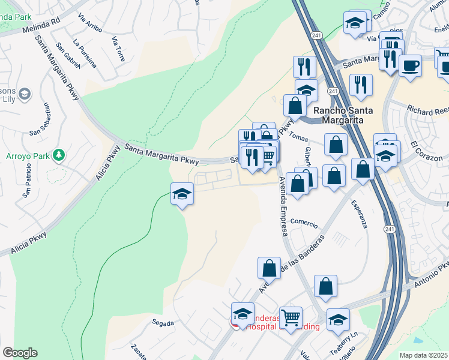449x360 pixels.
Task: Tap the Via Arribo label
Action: pos(91,23)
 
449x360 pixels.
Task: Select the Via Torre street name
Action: pos(118,49)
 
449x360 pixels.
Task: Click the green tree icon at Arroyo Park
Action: pos(58,155)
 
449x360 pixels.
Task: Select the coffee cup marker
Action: pos(410,65)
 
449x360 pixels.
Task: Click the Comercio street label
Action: pos(304,222)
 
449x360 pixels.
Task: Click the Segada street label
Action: pos(163,323)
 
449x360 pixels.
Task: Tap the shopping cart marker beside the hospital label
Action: pos(291,317)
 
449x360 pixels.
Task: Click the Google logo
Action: pos(20,353)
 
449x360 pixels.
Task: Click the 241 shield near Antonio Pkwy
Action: pos(390,229)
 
